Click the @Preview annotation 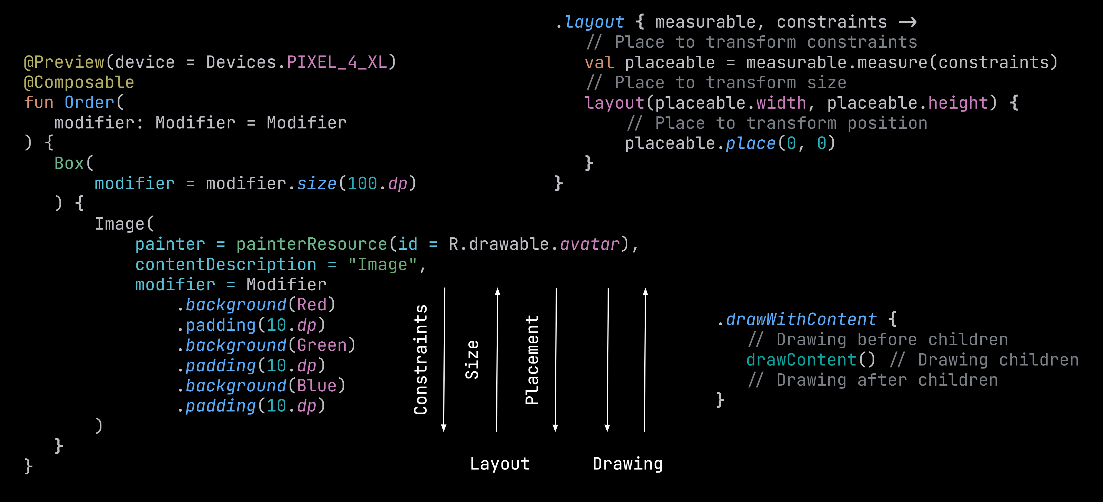pos(64,62)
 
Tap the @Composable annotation pos(79,82)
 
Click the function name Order pos(89,103)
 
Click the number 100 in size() pos(362,184)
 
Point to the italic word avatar pos(590,244)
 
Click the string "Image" pos(382,264)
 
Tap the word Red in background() pos(312,305)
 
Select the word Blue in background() pos(317,386)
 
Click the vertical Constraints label pos(420,359)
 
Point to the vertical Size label pos(472,359)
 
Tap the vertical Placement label pos(532,359)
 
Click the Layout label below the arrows pos(500,464)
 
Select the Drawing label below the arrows pos(628,464)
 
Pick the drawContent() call pos(810,360)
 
